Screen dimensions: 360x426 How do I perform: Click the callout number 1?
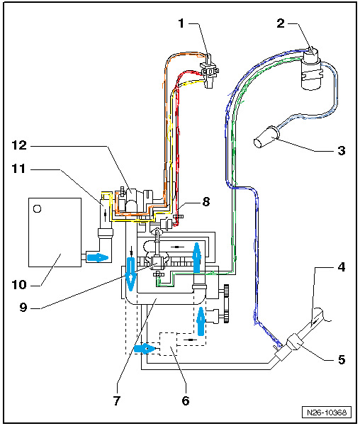coord(181,23)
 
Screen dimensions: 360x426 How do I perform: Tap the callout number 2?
coord(281,23)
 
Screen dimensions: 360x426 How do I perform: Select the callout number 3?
coord(342,150)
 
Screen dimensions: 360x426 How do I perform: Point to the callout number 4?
coord(342,267)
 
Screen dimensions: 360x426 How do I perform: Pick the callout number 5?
coord(342,359)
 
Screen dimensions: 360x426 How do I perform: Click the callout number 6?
coord(186,400)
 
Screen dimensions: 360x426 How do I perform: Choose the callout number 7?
coord(117,400)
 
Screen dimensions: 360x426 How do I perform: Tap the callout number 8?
coord(206,201)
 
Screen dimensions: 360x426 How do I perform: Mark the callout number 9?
coord(23,307)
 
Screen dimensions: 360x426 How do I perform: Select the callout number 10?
coord(19,284)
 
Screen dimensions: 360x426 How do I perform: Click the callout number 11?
coord(18,169)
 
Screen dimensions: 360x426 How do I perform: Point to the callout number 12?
coord(19,145)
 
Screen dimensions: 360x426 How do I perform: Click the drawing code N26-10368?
coord(327,412)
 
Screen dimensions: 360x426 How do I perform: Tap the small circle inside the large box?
coord(37,208)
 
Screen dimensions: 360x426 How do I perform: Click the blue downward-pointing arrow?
coord(131,274)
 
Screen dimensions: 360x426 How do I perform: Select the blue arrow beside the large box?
coord(97,257)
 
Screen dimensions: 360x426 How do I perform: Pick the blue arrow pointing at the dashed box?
coord(145,348)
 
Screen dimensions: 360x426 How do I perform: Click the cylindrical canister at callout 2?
coord(311,70)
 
